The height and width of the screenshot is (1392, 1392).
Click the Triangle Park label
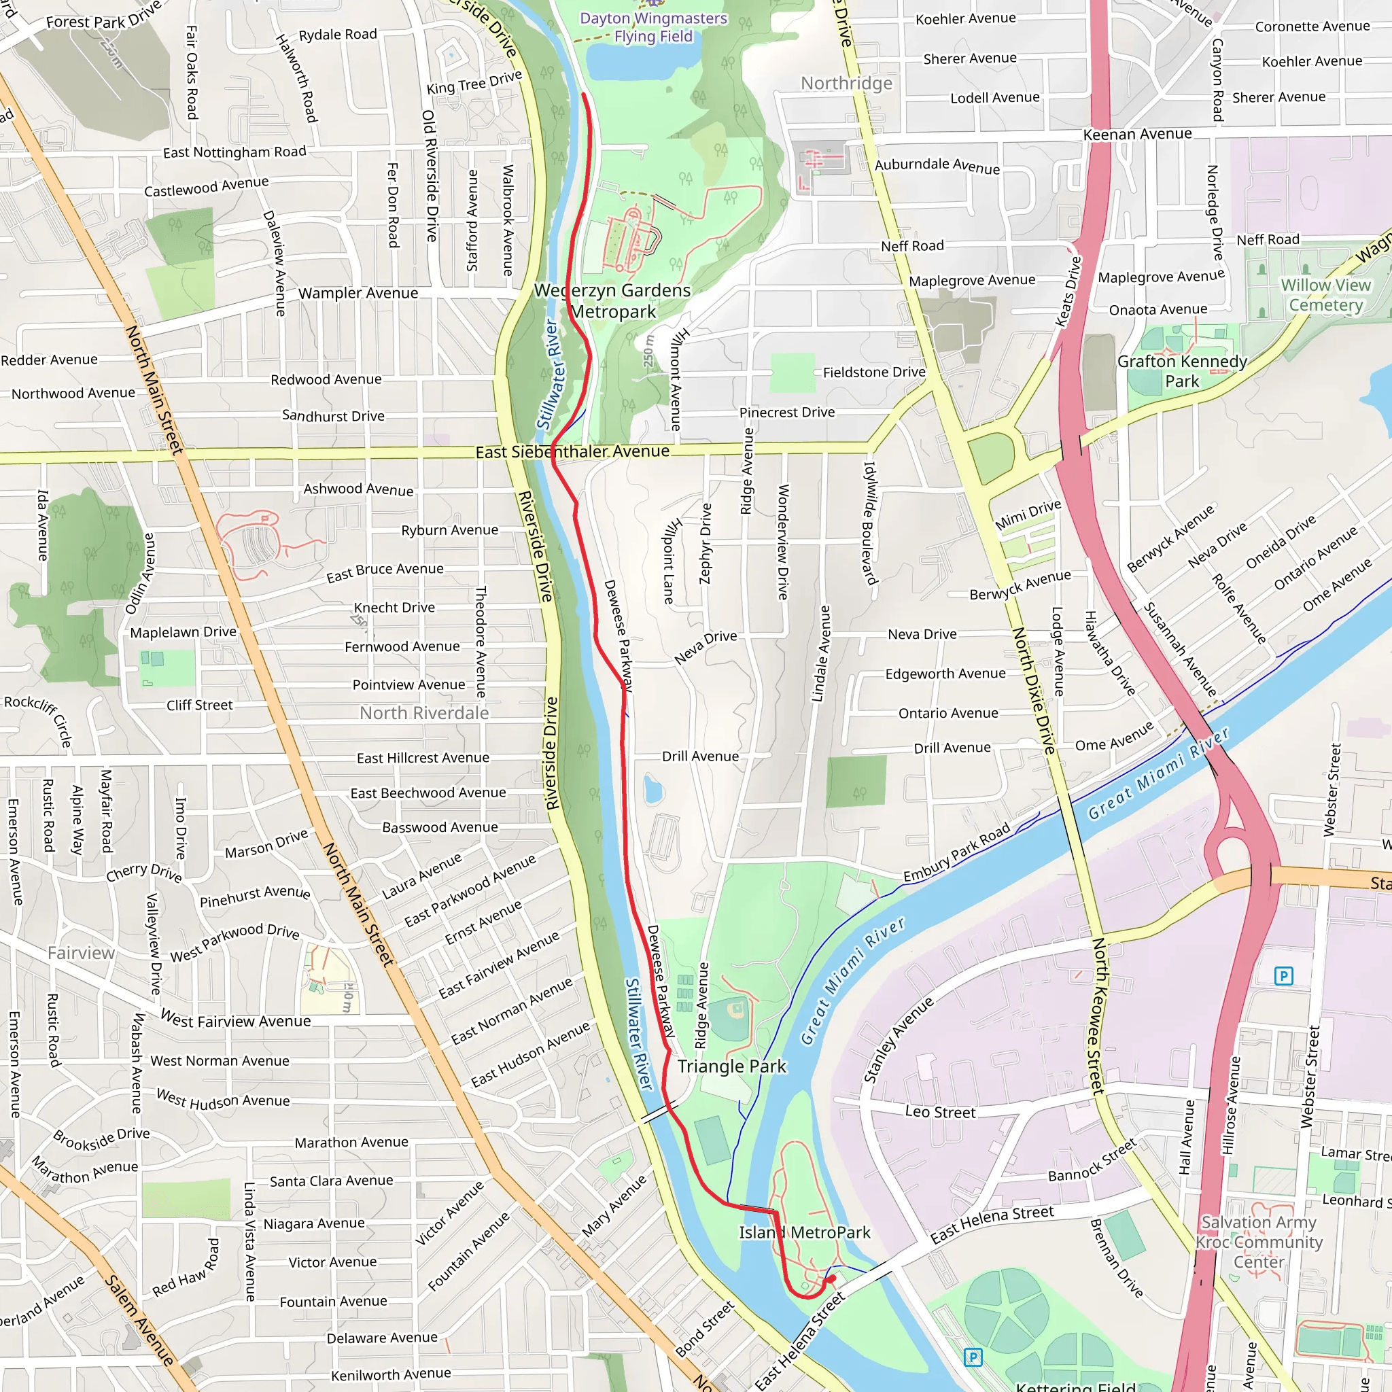(x=731, y=1066)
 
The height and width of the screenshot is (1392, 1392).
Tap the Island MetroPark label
(x=804, y=1233)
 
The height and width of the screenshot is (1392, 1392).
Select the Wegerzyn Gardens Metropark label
(x=612, y=301)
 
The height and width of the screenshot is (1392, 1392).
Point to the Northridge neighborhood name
(x=847, y=84)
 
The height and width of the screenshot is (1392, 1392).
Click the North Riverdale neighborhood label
(x=424, y=713)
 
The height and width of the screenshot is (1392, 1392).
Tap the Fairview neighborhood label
(x=82, y=953)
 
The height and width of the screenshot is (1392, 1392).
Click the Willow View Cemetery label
(x=1325, y=295)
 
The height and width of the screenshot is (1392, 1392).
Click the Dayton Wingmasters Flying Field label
(x=653, y=27)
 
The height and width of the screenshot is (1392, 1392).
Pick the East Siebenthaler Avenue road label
(x=572, y=452)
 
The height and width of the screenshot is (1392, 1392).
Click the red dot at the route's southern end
(x=832, y=1279)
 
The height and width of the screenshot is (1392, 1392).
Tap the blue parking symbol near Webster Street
(x=1283, y=976)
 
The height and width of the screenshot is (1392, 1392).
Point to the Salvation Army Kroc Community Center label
(x=1259, y=1242)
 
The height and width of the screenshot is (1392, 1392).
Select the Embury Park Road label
(x=957, y=853)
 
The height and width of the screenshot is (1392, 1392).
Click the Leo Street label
(x=939, y=1112)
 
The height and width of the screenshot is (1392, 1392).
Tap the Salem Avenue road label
(x=140, y=1320)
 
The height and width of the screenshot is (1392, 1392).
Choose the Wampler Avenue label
(x=358, y=293)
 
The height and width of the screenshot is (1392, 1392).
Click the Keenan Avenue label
(x=1137, y=134)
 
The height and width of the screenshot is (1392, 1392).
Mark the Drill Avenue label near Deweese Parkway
(x=700, y=756)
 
